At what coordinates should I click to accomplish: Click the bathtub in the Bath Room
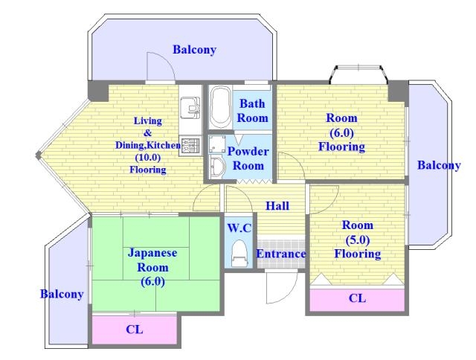[220, 107]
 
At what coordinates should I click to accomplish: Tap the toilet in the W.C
[239, 254]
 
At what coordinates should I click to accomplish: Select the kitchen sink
[190, 108]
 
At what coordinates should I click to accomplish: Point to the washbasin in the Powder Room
[217, 168]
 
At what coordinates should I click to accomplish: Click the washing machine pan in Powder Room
[218, 144]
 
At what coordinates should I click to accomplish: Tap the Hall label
[277, 206]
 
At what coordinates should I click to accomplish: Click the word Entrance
[281, 254]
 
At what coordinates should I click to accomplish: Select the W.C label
[239, 228]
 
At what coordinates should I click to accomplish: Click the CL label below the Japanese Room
[135, 329]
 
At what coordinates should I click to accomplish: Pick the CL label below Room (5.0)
[357, 298]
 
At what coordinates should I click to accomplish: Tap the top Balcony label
[194, 50]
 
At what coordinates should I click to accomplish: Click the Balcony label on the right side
[439, 165]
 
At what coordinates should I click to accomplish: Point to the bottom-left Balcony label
[62, 294]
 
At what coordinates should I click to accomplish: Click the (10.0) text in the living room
[147, 158]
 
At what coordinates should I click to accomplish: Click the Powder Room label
[248, 158]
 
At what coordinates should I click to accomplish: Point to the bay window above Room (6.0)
[358, 74]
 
